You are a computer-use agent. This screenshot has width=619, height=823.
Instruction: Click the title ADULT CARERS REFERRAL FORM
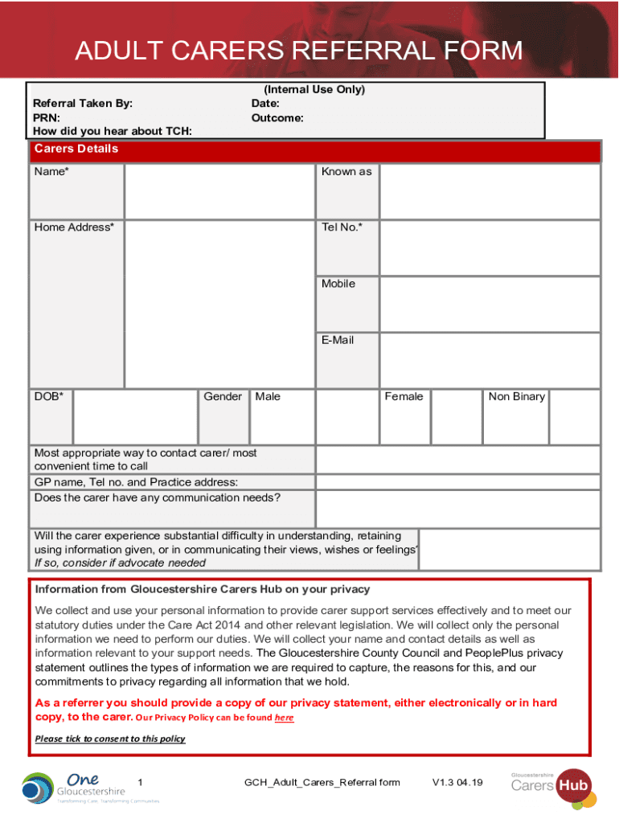click(298, 51)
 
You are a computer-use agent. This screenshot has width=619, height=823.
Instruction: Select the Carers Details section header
click(76, 149)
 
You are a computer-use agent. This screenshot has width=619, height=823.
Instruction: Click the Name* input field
click(219, 191)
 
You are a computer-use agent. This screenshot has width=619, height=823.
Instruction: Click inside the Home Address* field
click(219, 303)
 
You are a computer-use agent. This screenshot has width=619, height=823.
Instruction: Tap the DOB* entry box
click(135, 416)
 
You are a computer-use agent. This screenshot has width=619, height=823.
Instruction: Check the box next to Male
click(346, 416)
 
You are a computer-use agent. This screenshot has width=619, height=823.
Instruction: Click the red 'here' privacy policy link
click(284, 718)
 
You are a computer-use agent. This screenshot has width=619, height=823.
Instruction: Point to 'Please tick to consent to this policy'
click(110, 739)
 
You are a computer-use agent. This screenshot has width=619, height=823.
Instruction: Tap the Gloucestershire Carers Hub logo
click(554, 784)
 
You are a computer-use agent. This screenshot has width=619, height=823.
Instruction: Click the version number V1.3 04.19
click(457, 783)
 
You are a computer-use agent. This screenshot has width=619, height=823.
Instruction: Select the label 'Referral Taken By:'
click(83, 104)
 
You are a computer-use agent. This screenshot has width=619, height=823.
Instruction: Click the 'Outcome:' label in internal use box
click(277, 118)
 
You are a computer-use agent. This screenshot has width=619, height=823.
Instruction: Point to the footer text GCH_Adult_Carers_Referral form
click(322, 783)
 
